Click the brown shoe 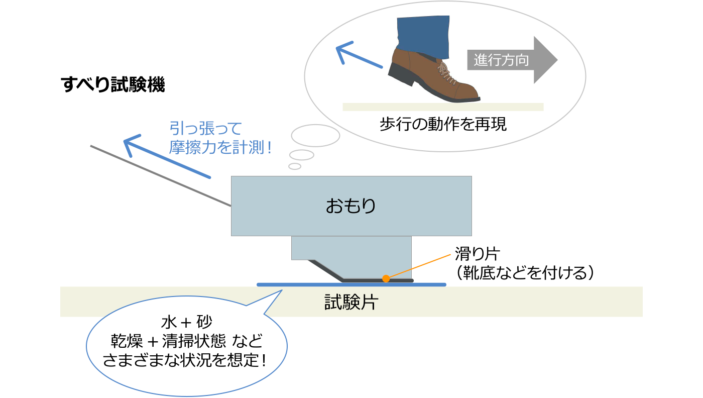pos(437,75)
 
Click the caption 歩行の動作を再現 pos(443,125)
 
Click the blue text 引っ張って pos(206,128)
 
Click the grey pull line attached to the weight pos(161,176)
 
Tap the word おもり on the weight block pos(351,206)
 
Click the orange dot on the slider pos(386,278)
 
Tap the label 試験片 pos(351,303)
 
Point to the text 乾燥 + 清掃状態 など pos(187,342)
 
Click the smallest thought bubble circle pos(295,166)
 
